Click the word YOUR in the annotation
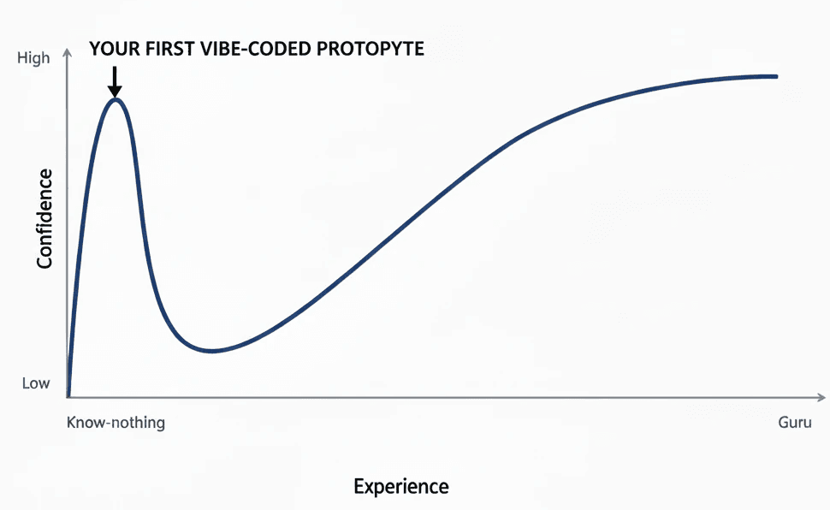[110, 49]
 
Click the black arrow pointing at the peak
[115, 82]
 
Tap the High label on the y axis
[33, 59]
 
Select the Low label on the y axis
[36, 383]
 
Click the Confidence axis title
[44, 218]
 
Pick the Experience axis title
[400, 487]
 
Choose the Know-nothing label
[116, 423]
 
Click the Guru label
[795, 423]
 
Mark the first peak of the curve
[116, 99]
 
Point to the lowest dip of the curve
[210, 351]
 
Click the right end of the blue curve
[776, 76]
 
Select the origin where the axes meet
[68, 398]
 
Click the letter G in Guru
[783, 423]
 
